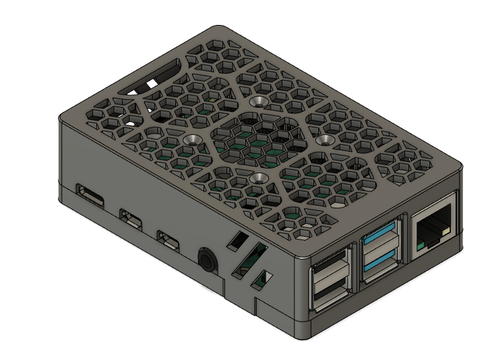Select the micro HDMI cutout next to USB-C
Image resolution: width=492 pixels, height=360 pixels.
[129, 218]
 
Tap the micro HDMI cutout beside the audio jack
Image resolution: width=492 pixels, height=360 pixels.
[167, 239]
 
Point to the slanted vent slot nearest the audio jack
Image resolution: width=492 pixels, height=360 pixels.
[237, 239]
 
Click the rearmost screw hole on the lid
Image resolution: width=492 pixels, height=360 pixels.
[256, 102]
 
